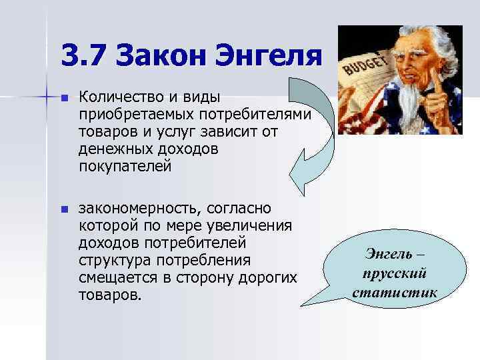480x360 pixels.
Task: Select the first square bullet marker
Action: (x=64, y=99)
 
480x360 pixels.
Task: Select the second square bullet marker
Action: (x=64, y=209)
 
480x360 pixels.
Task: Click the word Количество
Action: (x=120, y=98)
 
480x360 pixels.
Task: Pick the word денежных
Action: (x=113, y=150)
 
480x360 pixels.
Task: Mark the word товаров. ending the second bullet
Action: (x=110, y=295)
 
